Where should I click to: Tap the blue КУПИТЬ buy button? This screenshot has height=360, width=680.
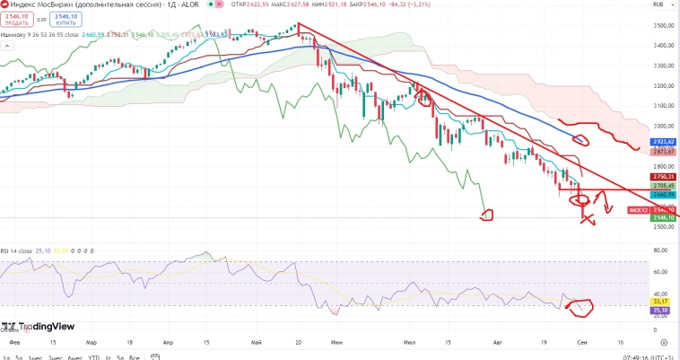[65, 20]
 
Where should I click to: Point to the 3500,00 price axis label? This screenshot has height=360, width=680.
[664, 26]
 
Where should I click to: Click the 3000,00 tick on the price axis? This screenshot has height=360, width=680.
[664, 127]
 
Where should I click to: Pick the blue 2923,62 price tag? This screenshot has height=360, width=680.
[664, 142]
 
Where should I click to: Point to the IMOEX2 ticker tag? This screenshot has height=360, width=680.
[639, 210]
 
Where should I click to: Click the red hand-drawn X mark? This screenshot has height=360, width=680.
[587, 217]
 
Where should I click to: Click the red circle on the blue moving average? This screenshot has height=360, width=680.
[581, 139]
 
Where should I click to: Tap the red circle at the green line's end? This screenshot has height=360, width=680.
[487, 214]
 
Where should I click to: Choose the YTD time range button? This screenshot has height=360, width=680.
[93, 357]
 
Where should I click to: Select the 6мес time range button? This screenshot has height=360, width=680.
[74, 357]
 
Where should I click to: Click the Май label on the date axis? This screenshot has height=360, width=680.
[258, 342]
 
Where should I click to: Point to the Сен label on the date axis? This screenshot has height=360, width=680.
[582, 342]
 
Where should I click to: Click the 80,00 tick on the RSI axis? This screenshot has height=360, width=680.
[664, 250]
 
